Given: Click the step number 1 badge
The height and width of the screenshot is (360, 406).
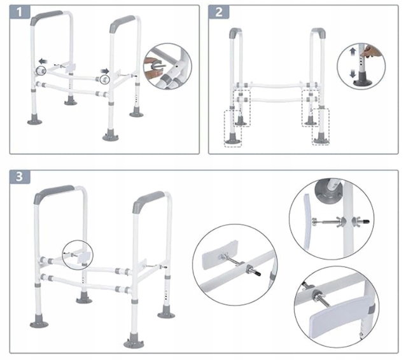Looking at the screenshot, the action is [20, 12].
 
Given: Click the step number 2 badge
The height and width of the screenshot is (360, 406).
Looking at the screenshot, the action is [219, 12].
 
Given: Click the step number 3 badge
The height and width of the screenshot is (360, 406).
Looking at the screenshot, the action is [20, 177].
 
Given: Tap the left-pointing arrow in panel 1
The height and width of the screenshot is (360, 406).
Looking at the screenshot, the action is [43, 61].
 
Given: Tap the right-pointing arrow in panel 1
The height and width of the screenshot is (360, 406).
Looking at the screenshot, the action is [105, 71].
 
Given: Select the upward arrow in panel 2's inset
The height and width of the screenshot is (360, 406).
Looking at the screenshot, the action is [353, 52].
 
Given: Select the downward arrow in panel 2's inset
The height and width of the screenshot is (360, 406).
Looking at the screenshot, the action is [353, 74].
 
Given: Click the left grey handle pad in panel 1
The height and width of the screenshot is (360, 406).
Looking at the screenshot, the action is [46, 17].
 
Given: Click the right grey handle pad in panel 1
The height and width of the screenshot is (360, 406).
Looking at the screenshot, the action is [122, 23].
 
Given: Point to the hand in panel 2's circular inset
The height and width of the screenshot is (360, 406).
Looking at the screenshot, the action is [372, 52].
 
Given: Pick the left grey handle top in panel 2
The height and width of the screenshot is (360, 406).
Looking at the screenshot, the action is [235, 32].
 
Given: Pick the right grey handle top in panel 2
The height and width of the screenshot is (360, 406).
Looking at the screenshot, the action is [319, 32].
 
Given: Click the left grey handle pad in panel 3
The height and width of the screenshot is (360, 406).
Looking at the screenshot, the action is [53, 193].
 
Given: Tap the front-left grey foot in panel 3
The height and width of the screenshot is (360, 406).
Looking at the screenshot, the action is [39, 322].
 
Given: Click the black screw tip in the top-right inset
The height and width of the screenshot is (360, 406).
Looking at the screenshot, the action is [365, 221].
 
